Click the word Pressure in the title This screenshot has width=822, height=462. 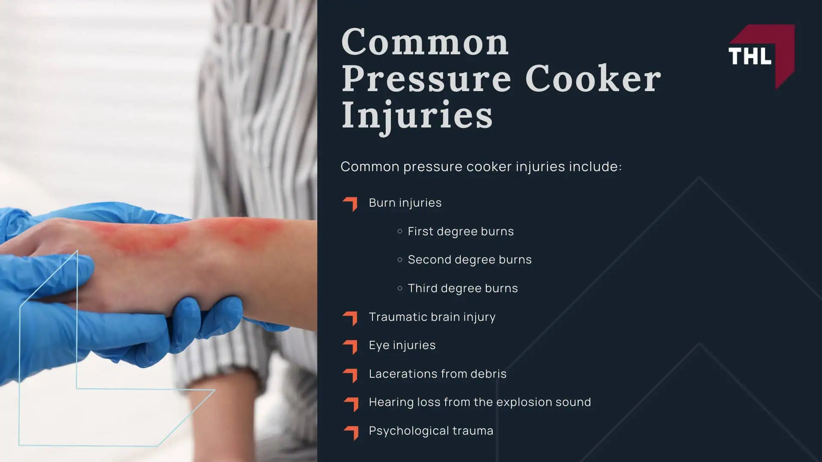click(426, 79)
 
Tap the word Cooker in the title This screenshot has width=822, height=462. click(593, 79)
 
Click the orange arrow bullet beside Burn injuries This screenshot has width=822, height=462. click(350, 204)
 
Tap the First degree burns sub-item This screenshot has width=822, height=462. click(460, 231)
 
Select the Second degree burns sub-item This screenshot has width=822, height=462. click(469, 260)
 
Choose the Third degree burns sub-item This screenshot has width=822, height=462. click(462, 288)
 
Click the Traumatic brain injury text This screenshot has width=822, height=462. click(432, 317)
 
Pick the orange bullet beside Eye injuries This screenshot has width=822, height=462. click(350, 346)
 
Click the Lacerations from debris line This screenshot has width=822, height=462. click(438, 374)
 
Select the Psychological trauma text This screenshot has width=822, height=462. click(431, 431)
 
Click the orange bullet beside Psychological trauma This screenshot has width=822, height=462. click(351, 432)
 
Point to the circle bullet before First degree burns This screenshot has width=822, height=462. click(400, 231)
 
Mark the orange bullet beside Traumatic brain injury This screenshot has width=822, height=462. click(350, 318)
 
